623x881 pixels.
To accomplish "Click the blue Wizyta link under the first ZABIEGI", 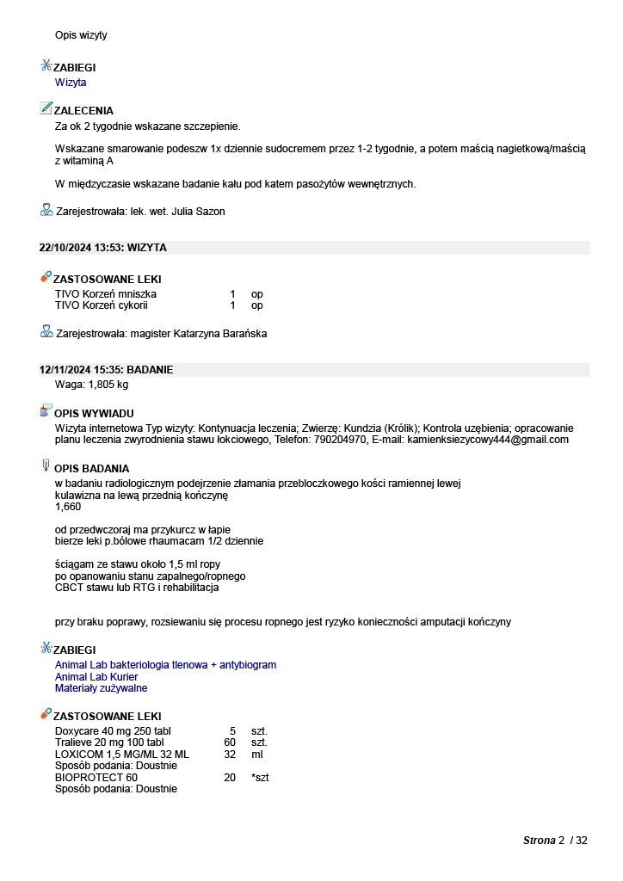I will [x=71, y=83].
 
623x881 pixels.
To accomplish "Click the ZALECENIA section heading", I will [x=83, y=111].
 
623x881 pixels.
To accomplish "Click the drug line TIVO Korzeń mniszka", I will [x=106, y=294].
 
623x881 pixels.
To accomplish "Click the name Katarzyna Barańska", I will [x=222, y=334].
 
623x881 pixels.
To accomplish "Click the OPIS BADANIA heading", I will [x=91, y=469].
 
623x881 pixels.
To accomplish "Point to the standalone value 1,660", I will [x=68, y=508].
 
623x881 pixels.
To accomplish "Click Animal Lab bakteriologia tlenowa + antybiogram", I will [x=165, y=665].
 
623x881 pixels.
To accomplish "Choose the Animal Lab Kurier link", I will [x=96, y=677].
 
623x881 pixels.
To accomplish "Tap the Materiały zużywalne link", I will [x=101, y=688].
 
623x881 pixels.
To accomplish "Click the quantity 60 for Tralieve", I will [x=230, y=742].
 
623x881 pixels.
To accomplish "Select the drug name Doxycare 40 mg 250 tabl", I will [x=113, y=730].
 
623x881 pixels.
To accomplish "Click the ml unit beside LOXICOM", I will [x=256, y=755].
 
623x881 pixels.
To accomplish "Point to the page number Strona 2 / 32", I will [x=555, y=841].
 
